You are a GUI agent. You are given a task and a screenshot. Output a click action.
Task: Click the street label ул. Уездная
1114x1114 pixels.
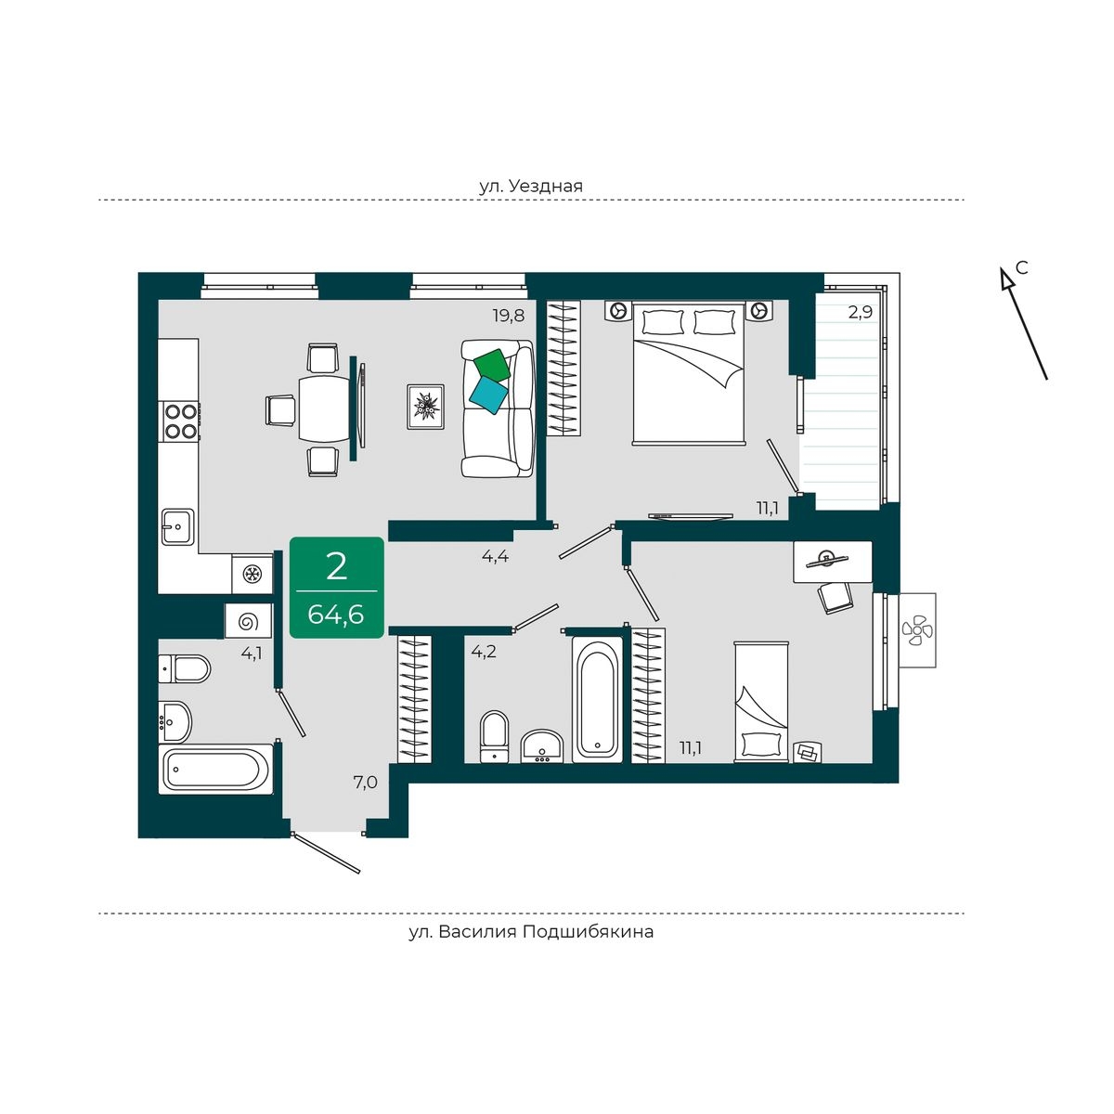(x=531, y=187)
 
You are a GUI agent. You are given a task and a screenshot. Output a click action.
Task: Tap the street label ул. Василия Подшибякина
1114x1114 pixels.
(x=531, y=932)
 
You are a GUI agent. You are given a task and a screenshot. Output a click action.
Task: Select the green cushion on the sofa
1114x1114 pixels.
(x=492, y=366)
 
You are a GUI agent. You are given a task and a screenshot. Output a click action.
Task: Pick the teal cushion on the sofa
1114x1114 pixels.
(x=488, y=396)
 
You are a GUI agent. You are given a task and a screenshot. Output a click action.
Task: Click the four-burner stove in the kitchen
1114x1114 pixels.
(x=180, y=421)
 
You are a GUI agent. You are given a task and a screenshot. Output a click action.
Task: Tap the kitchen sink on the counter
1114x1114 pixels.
(x=177, y=526)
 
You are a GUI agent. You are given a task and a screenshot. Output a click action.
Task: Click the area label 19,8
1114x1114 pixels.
(x=509, y=316)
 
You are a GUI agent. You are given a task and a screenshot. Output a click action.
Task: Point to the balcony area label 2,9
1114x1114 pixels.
(x=860, y=313)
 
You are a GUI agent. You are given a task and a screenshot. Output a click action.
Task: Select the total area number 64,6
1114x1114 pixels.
(x=336, y=614)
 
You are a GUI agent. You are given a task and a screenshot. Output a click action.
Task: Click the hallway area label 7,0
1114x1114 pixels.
(x=365, y=783)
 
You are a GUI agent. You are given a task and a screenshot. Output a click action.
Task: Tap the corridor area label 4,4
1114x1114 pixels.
(x=495, y=557)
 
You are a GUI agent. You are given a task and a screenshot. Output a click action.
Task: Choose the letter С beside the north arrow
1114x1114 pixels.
(x=1022, y=267)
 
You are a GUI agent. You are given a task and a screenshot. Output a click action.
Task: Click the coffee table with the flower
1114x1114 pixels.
(x=425, y=407)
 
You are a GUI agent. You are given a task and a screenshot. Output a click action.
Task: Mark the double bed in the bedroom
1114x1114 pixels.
(x=687, y=373)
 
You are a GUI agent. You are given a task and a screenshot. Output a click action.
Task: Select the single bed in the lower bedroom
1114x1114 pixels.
(x=761, y=702)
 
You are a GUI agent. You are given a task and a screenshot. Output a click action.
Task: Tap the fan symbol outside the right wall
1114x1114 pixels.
(x=917, y=629)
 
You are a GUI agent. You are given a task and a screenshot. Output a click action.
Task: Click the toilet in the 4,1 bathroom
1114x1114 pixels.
(x=185, y=668)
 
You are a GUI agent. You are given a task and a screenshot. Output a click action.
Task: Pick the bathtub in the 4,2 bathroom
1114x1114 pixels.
(x=598, y=700)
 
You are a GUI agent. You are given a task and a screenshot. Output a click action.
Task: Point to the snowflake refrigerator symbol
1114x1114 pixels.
(x=253, y=574)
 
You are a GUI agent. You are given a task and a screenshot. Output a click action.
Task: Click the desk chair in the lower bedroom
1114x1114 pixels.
(x=834, y=597)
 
